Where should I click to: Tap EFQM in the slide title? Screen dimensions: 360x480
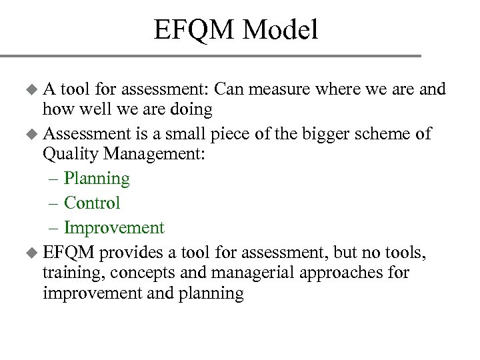coord(194,29)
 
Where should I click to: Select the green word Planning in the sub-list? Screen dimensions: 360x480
coord(97,179)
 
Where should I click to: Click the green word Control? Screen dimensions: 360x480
coord(92,203)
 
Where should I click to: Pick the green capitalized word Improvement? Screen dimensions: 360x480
coord(114,228)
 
